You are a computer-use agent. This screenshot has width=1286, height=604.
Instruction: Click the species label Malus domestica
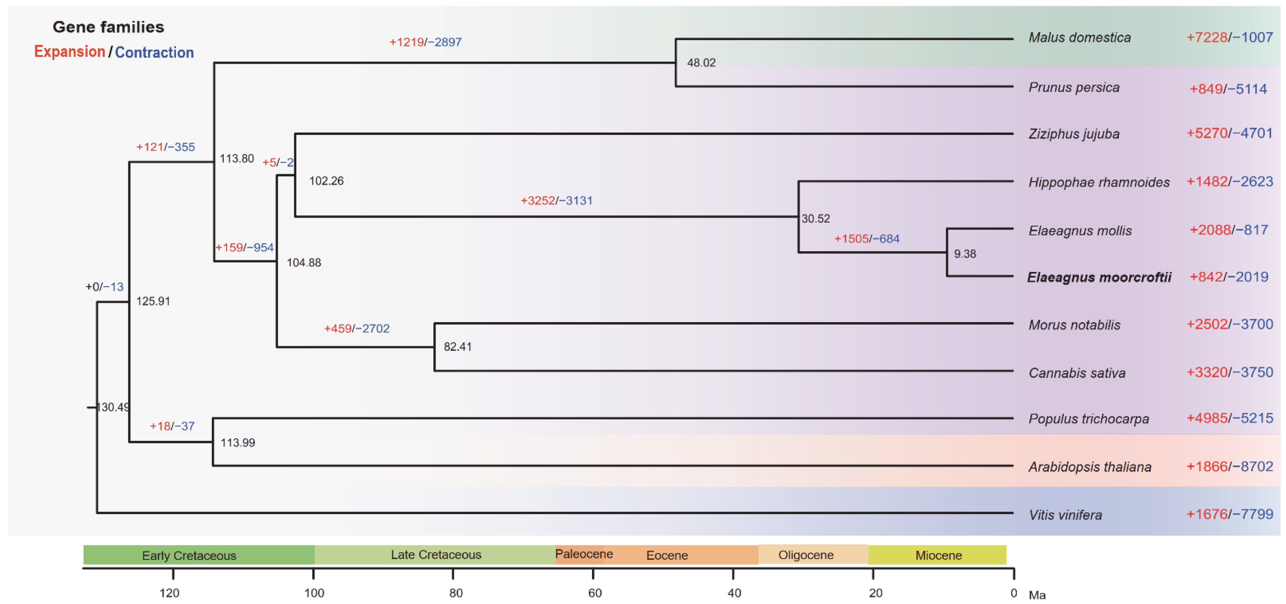1079,37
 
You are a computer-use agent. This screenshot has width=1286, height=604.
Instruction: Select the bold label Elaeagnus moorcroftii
1099,277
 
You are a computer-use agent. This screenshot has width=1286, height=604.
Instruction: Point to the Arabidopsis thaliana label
1090,467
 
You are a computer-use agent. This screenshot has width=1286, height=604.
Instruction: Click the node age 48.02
701,63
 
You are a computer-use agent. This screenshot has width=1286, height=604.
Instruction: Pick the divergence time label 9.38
965,254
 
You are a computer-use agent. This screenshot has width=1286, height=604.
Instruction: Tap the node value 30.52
815,219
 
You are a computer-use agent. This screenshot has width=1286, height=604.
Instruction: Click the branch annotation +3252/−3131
556,201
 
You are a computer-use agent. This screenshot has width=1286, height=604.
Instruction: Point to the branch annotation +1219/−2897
425,42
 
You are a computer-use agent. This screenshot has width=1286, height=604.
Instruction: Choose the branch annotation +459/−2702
356,329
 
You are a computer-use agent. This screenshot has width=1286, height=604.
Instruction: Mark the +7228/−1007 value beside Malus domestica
1229,37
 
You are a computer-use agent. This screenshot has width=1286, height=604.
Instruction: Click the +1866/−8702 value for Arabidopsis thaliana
1229,467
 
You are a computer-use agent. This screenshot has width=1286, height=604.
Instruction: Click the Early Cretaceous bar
189,555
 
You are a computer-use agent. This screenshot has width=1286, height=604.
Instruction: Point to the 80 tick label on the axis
455,593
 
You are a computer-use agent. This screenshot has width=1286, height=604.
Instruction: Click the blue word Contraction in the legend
154,52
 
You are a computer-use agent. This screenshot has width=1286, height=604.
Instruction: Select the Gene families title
108,27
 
